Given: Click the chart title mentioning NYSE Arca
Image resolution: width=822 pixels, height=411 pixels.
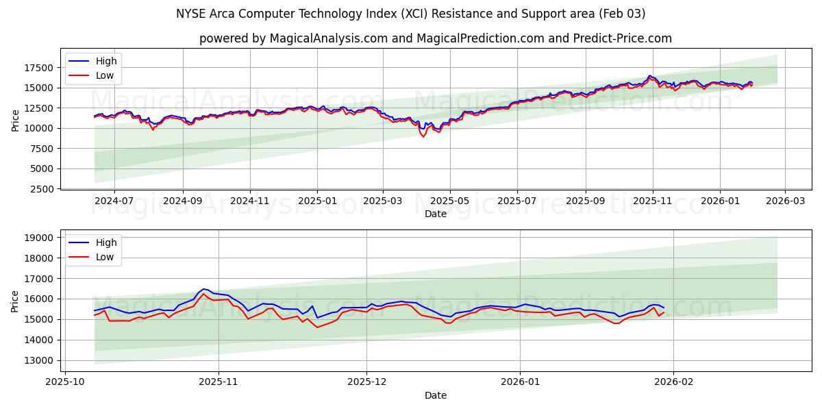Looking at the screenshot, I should tap(411, 14).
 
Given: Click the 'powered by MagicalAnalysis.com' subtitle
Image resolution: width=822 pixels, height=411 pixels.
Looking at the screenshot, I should tap(436, 38).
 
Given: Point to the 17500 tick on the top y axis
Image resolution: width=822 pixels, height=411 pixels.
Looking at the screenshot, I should tap(39, 68).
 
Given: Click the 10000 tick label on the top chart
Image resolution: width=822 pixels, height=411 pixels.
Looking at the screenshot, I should tap(39, 128).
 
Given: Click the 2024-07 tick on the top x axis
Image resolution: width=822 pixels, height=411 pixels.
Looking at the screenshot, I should tap(114, 201).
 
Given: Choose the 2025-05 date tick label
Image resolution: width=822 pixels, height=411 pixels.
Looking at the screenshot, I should tap(450, 201).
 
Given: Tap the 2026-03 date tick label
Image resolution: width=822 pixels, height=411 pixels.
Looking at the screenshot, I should tap(785, 201).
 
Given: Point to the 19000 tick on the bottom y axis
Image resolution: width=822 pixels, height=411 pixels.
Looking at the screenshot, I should tap(39, 238).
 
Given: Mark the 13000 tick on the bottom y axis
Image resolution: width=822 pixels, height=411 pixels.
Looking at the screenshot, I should tap(39, 360).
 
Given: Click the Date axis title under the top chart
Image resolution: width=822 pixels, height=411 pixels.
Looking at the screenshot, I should tap(436, 214).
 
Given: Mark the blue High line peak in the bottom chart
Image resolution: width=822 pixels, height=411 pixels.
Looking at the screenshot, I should tap(203, 289).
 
